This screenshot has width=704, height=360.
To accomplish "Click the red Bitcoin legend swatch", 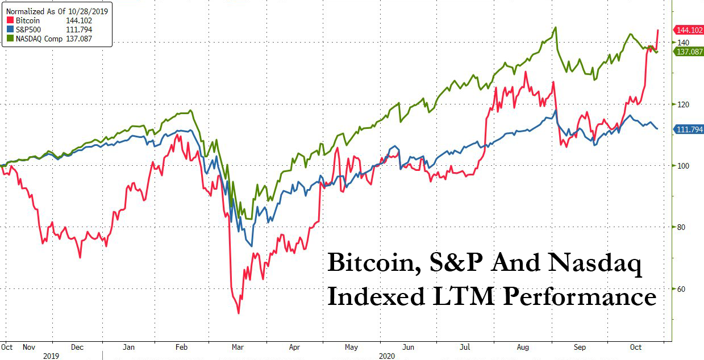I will (x=6, y=21).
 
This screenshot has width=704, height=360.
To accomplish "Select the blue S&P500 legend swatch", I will (x=6, y=30).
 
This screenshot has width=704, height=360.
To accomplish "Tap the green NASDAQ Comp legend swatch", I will (x=6, y=39).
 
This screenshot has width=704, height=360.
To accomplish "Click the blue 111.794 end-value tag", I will (x=688, y=129).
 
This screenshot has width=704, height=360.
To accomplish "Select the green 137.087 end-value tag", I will (x=688, y=52).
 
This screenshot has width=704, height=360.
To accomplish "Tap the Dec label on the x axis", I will (x=77, y=347).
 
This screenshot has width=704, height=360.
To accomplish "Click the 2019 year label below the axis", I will (x=52, y=355).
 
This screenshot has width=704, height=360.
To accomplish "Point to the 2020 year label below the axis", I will (x=386, y=355).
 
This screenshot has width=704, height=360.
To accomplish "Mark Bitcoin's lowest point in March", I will (x=239, y=313).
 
